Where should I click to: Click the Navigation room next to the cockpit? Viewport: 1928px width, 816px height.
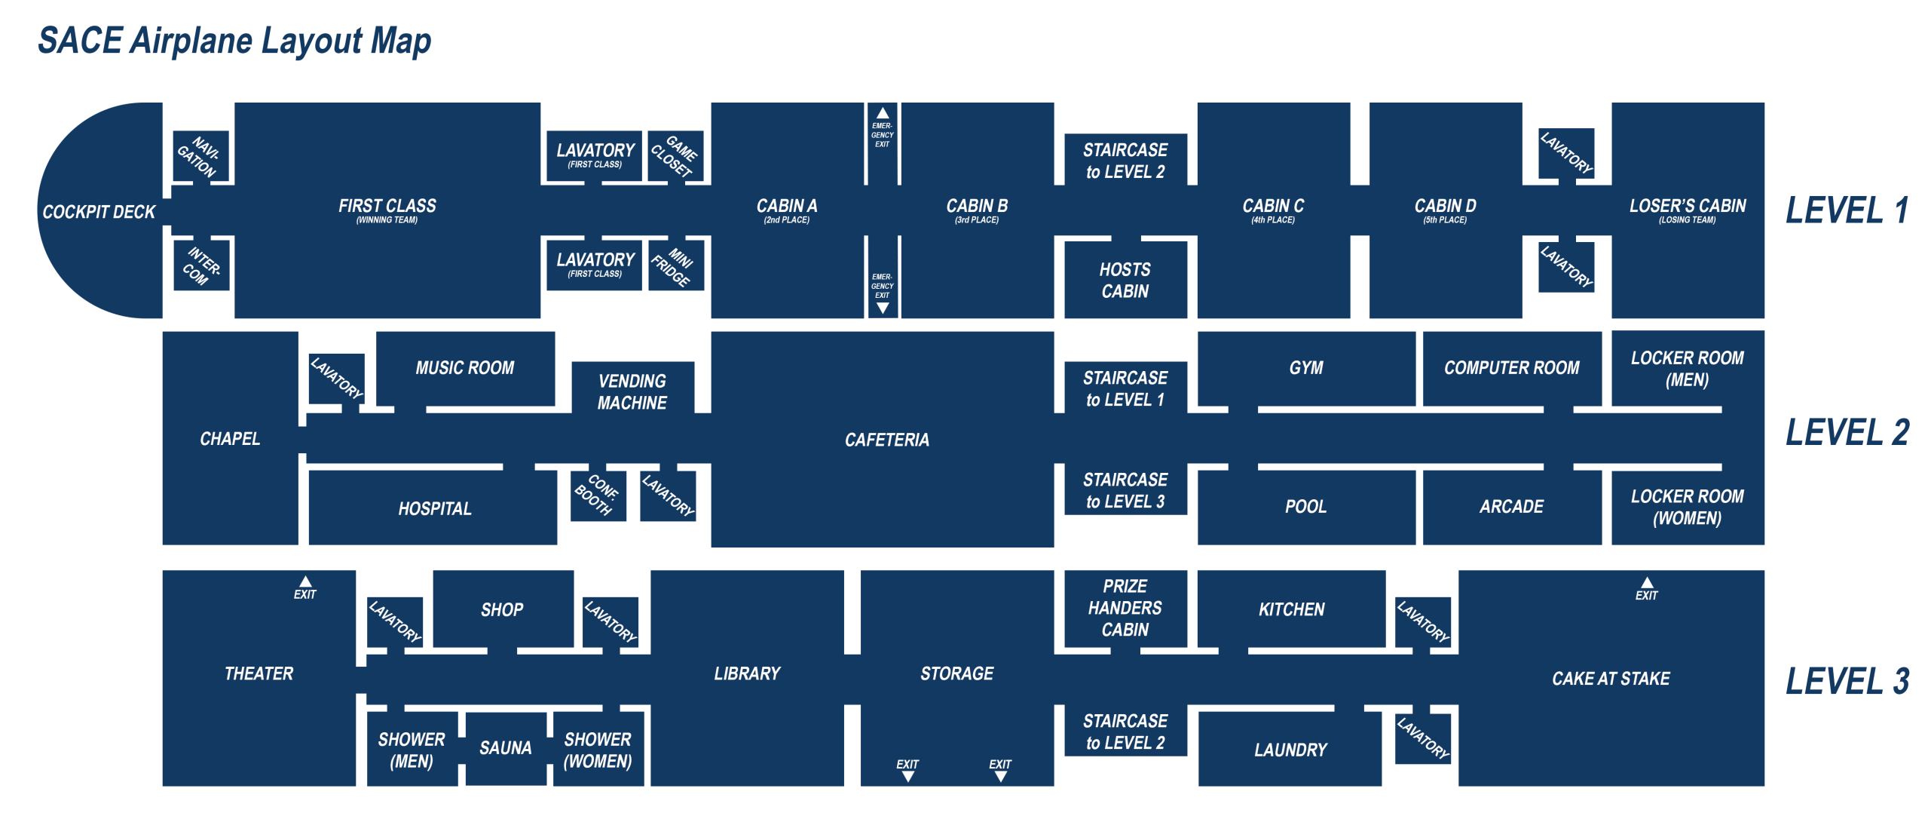tap(200, 156)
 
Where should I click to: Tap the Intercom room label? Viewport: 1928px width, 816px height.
tap(201, 265)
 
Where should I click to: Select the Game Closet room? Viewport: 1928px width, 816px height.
tap(675, 156)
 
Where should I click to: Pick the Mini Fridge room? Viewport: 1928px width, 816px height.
tap(675, 265)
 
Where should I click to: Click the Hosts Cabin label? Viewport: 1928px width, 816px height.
tap(1125, 280)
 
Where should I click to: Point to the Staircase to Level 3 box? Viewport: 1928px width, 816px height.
tap(1125, 490)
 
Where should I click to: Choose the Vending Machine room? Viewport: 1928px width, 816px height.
tap(632, 391)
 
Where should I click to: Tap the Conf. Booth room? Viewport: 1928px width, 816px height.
tap(598, 495)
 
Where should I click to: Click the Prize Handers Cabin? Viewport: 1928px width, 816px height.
tap(1125, 607)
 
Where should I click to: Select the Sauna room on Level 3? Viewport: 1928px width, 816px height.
tap(505, 747)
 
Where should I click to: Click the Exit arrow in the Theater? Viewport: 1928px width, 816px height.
tap(305, 581)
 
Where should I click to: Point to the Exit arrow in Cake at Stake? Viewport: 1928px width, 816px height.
tap(1647, 583)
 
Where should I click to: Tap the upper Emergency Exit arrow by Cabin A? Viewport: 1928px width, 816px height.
tap(882, 114)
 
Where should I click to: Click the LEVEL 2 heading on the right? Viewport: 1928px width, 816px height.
tap(1847, 432)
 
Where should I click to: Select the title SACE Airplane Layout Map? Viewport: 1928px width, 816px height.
tap(234, 41)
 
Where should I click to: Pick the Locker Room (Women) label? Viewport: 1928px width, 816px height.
tap(1687, 507)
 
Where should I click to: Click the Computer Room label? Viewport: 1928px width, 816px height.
tap(1511, 367)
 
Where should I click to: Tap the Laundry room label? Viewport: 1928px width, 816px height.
tap(1290, 749)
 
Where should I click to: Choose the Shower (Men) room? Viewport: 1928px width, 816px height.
tap(412, 750)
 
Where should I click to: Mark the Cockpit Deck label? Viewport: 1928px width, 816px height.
tap(99, 212)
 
